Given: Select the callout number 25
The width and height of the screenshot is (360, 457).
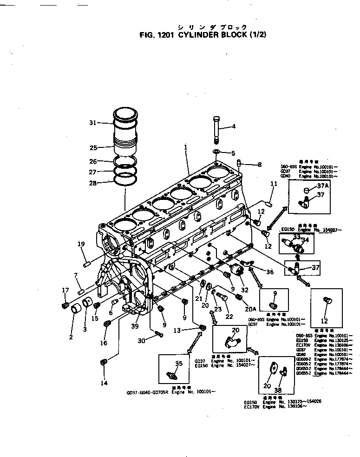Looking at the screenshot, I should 93,148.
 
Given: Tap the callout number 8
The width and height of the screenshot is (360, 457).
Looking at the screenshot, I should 259,164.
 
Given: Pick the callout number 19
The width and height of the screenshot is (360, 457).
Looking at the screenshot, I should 81,244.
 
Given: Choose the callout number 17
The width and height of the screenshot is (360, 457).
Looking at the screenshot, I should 65,291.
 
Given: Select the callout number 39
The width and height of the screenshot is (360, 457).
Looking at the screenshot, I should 135,326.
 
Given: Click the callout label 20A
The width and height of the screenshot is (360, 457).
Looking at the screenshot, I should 250,307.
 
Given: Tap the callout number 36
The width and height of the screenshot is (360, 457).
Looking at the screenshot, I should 269,272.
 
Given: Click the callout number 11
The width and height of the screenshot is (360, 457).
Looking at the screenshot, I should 274,184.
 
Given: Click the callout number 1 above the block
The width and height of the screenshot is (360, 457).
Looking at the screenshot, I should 185,147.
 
